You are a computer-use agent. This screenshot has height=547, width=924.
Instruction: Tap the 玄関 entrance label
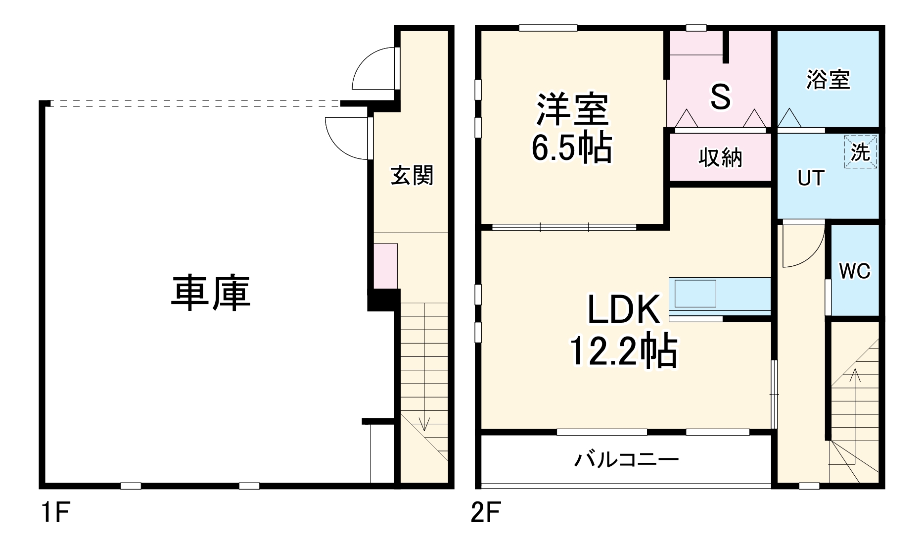click(412, 176)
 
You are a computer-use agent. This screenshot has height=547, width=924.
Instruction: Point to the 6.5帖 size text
click(572, 148)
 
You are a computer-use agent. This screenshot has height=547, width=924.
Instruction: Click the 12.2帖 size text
click(623, 351)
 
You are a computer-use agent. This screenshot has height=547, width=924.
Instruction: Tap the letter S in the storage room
click(720, 97)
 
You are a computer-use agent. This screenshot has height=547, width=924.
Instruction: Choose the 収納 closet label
click(720, 158)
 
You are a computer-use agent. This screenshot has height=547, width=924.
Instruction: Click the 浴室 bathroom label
click(828, 80)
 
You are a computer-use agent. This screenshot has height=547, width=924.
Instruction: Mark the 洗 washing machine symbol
click(860, 152)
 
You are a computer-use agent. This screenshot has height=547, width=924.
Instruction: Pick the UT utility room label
click(811, 178)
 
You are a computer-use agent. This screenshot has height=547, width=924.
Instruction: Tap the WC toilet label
click(854, 271)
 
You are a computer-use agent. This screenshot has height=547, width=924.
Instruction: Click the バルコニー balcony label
click(626, 460)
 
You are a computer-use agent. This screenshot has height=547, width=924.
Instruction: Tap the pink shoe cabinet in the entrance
click(385, 265)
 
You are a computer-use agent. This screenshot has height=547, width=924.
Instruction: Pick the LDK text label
click(623, 309)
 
